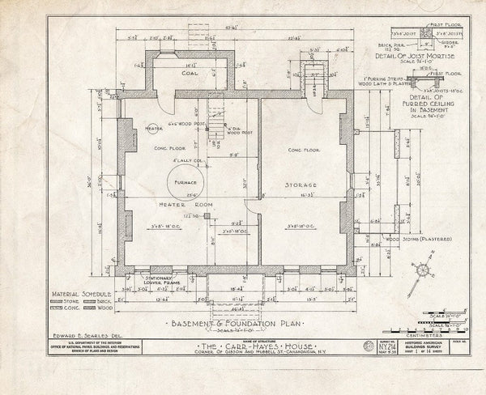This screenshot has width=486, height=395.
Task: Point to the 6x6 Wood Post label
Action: pyautogui.click(x=184, y=122)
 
